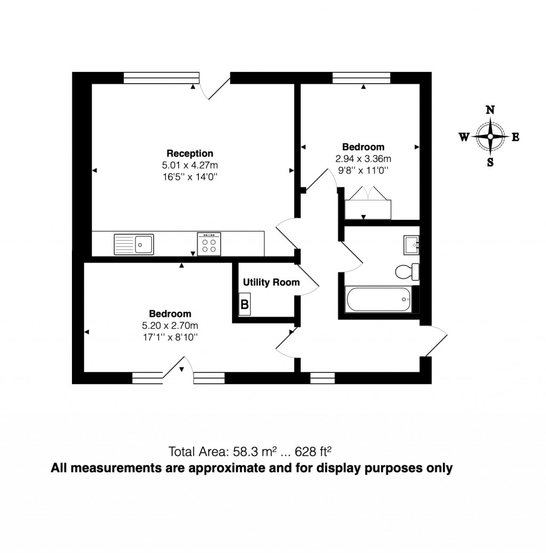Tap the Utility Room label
tap(271, 283)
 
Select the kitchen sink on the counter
tap(134, 245)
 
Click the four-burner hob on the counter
tap(209, 244)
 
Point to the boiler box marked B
tap(245, 304)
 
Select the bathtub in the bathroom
tap(379, 300)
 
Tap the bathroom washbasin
tap(412, 245)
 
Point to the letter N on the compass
tap(490, 110)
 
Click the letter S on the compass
tap(490, 163)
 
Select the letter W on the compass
tap(464, 137)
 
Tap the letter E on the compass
tap(515, 137)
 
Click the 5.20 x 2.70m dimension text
tap(170, 325)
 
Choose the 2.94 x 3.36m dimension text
tap(363, 158)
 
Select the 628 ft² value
tap(317, 452)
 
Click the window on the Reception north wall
tap(161, 78)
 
